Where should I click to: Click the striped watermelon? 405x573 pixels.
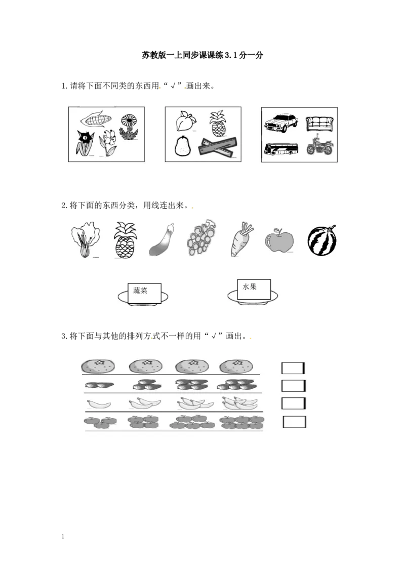coord(321,240)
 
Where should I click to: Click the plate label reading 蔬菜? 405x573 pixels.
coord(144,293)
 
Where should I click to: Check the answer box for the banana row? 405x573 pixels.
coord(293,403)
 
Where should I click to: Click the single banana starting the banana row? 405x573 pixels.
coord(99,404)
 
